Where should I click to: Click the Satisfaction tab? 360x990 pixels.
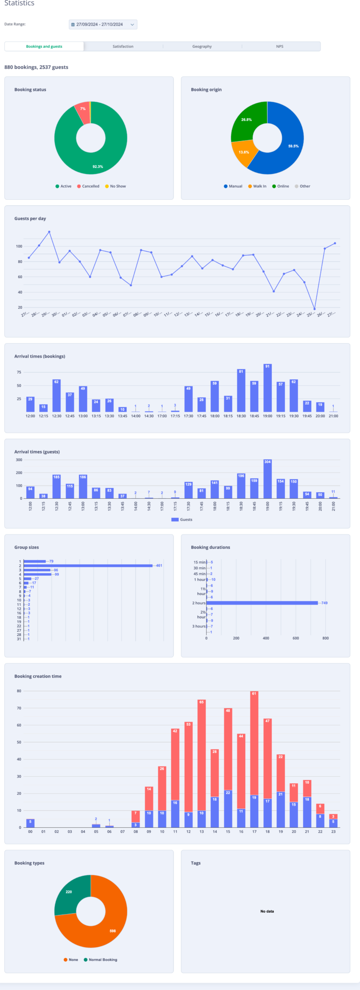coord(123,46)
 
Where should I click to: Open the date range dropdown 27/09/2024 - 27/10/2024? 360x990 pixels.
coord(103,24)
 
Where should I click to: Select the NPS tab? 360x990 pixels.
coord(280,46)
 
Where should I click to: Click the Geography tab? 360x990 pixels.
coord(202,46)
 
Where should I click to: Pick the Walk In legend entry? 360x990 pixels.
coord(257,186)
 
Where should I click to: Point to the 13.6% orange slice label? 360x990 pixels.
coord(244,152)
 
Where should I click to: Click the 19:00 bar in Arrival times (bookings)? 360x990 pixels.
coord(268,388)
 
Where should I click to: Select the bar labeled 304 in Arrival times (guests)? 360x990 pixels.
coord(268,479)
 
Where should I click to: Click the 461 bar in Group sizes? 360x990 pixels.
coord(88,566)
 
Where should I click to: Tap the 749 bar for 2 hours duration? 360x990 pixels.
coord(262,603)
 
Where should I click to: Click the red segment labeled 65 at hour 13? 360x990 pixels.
coord(202,755)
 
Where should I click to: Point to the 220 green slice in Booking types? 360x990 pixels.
coord(69,892)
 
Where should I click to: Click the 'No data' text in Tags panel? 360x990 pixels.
coord(267,911)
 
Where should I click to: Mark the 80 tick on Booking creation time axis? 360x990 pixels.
coord(19,691)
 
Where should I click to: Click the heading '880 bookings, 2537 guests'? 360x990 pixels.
coord(37,67)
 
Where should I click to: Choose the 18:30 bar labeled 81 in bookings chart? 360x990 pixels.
coord(241,391)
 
